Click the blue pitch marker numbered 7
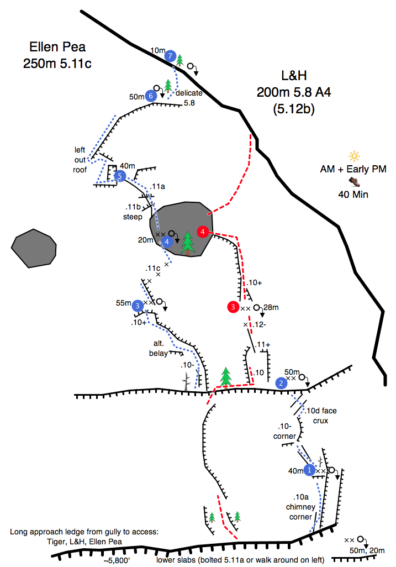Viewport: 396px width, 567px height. click(170, 56)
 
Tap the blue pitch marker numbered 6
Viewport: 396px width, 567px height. click(151, 96)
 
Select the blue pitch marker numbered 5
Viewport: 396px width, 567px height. click(120, 176)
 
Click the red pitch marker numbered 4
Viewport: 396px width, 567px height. click(203, 232)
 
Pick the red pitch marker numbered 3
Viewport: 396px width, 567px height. click(233, 307)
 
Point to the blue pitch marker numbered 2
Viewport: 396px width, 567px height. click(281, 384)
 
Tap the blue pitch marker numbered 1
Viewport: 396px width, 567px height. click(309, 470)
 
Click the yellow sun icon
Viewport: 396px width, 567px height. click(354, 156)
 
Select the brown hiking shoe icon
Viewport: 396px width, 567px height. click(354, 181)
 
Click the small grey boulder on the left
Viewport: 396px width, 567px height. click(34, 249)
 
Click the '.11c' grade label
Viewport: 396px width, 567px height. click(153, 269)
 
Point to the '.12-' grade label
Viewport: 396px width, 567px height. click(260, 324)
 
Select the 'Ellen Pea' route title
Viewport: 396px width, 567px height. click(57, 47)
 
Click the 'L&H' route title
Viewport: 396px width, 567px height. click(294, 76)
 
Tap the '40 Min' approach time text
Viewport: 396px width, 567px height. click(353, 195)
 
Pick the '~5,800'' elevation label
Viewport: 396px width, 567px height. click(117, 561)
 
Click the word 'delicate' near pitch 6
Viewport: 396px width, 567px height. click(189, 93)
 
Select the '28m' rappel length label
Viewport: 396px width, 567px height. click(271, 307)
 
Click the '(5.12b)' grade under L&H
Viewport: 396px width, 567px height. click(294, 109)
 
